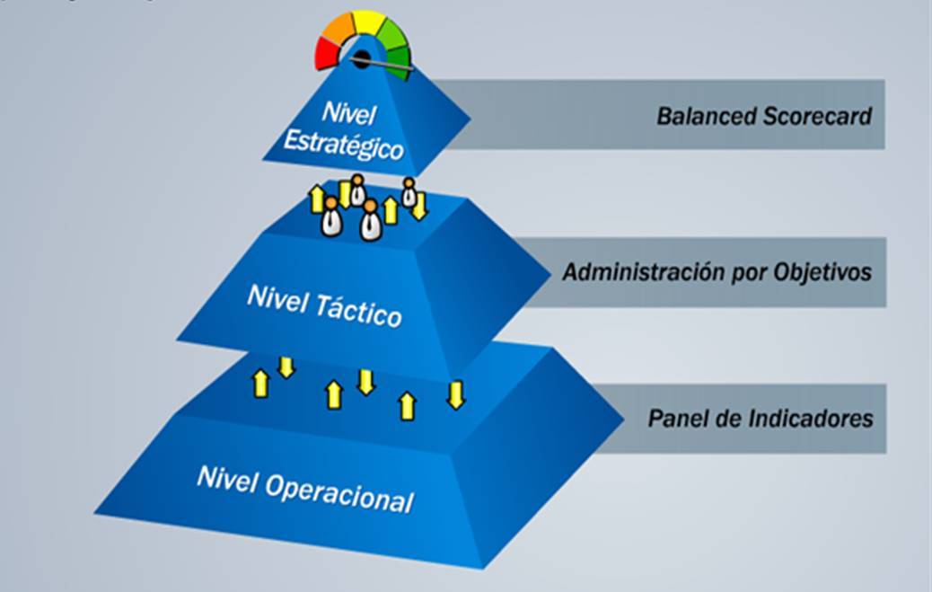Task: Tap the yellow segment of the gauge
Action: point(366,22)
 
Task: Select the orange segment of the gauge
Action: point(339,31)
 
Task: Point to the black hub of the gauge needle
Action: point(361,59)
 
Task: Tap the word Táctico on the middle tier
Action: point(359,311)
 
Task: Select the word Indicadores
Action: point(805,419)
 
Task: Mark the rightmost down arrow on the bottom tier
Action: point(456,394)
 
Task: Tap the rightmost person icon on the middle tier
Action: point(409,192)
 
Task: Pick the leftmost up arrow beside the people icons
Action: point(316,199)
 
